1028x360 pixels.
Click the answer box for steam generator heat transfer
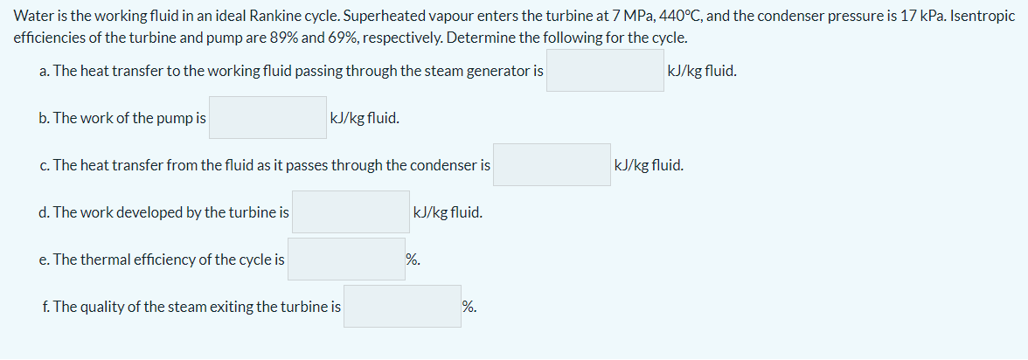[x=605, y=71]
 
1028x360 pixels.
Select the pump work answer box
[x=267, y=118]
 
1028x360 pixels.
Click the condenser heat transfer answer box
[x=552, y=165]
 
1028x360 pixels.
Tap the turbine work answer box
[x=350, y=212]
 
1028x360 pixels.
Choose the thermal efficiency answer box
[x=345, y=260]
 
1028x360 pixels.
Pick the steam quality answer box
[x=402, y=307]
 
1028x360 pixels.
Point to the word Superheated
[x=380, y=17]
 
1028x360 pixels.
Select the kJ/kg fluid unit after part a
[x=701, y=71]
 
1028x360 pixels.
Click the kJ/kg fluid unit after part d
[x=447, y=212]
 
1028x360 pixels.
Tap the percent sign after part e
[x=413, y=260]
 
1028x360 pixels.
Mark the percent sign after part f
[x=469, y=307]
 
